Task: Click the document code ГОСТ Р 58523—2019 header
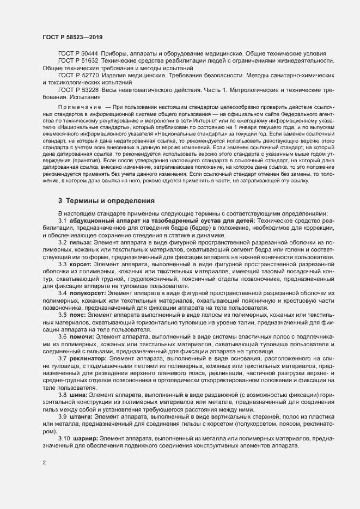pos(72,37)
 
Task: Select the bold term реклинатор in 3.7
pos(89,359)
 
